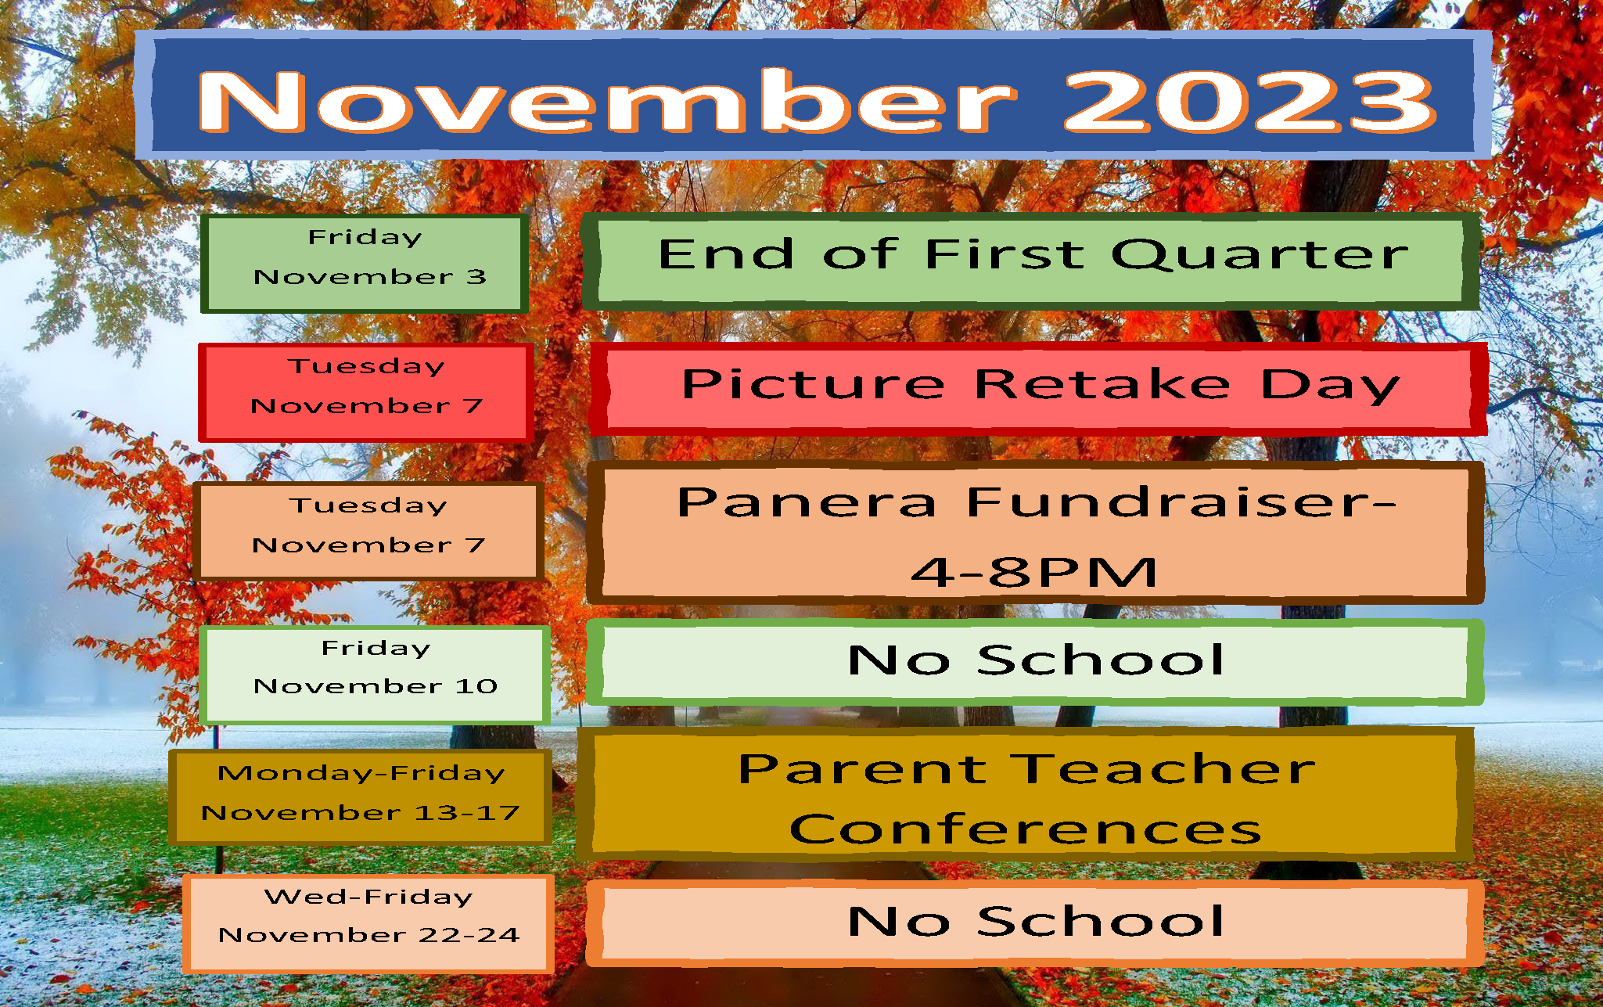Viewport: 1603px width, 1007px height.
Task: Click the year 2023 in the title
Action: (x=1249, y=102)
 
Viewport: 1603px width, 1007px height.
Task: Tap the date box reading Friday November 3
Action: (x=365, y=264)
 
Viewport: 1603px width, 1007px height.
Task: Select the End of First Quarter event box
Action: (x=1031, y=261)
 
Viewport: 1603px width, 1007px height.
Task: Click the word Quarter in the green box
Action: (x=1260, y=255)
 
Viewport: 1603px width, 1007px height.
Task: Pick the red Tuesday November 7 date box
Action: (x=366, y=393)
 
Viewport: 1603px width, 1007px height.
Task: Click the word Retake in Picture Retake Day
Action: (x=1103, y=384)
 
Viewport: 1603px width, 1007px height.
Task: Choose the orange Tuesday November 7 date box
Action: (x=368, y=531)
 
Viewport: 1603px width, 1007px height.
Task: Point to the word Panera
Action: (x=807, y=502)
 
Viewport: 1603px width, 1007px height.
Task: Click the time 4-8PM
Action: (x=1033, y=572)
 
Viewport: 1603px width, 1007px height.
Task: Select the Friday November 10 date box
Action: (x=375, y=674)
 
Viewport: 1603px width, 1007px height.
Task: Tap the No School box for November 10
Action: (x=1035, y=662)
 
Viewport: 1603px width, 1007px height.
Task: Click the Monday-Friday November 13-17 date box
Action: (x=361, y=797)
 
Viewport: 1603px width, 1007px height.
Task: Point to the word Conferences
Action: (x=1026, y=829)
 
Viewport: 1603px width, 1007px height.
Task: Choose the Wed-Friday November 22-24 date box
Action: (x=368, y=923)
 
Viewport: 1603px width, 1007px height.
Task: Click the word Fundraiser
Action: (x=1182, y=502)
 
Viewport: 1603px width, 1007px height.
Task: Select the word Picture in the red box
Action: (x=814, y=384)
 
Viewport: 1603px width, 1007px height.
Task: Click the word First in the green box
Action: (x=1005, y=254)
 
